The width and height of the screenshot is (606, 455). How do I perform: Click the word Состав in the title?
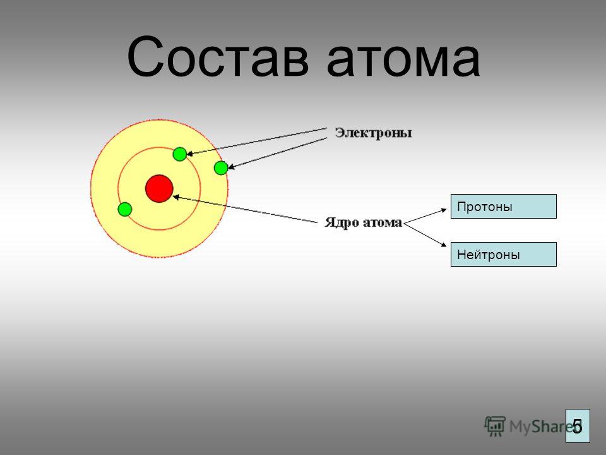(x=218, y=57)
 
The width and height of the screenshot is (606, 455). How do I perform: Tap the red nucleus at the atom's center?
(x=159, y=188)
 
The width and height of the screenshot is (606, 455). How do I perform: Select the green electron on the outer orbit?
(x=221, y=168)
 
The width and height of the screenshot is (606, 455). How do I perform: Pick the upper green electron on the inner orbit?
(x=180, y=154)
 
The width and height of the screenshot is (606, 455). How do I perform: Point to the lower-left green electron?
(x=125, y=209)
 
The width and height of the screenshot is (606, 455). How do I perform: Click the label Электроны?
(x=373, y=133)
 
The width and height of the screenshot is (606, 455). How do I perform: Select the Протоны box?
(x=504, y=207)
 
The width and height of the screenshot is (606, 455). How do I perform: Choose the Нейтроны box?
(x=504, y=255)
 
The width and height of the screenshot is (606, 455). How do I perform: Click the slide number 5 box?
(x=578, y=425)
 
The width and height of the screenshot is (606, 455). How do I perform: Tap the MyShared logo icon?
(x=495, y=427)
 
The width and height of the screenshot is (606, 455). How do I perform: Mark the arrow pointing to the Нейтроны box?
(x=425, y=234)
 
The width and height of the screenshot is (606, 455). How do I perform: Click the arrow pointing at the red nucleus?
(x=246, y=209)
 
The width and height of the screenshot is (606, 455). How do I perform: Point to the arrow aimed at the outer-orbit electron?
(x=278, y=153)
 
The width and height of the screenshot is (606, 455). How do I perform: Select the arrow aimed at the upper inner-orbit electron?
(x=257, y=142)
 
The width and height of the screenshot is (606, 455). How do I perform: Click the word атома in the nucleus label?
(x=383, y=223)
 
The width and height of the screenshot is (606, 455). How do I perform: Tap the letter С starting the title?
(x=145, y=57)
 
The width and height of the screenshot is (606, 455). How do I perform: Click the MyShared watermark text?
(x=537, y=427)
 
